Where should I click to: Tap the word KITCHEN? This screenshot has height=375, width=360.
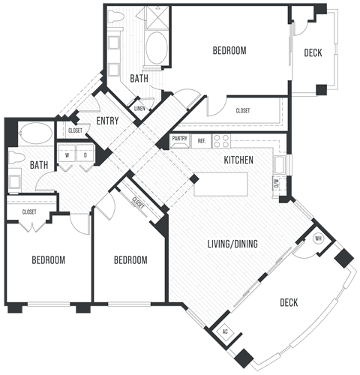click(x=238, y=160)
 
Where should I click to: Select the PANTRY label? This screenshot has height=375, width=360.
click(x=179, y=139)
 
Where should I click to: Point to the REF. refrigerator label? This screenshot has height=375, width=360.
click(x=201, y=140)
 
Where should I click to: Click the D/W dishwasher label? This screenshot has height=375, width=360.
click(x=277, y=182)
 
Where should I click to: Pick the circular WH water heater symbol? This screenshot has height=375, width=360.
click(x=318, y=238)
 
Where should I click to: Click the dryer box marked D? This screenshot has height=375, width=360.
click(x=85, y=156)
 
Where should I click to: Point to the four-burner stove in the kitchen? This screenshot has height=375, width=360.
click(x=221, y=140)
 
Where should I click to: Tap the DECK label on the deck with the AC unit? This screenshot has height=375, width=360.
click(x=289, y=303)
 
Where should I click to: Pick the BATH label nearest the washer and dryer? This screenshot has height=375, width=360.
click(x=37, y=165)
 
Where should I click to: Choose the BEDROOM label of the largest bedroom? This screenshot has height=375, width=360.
click(x=229, y=51)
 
